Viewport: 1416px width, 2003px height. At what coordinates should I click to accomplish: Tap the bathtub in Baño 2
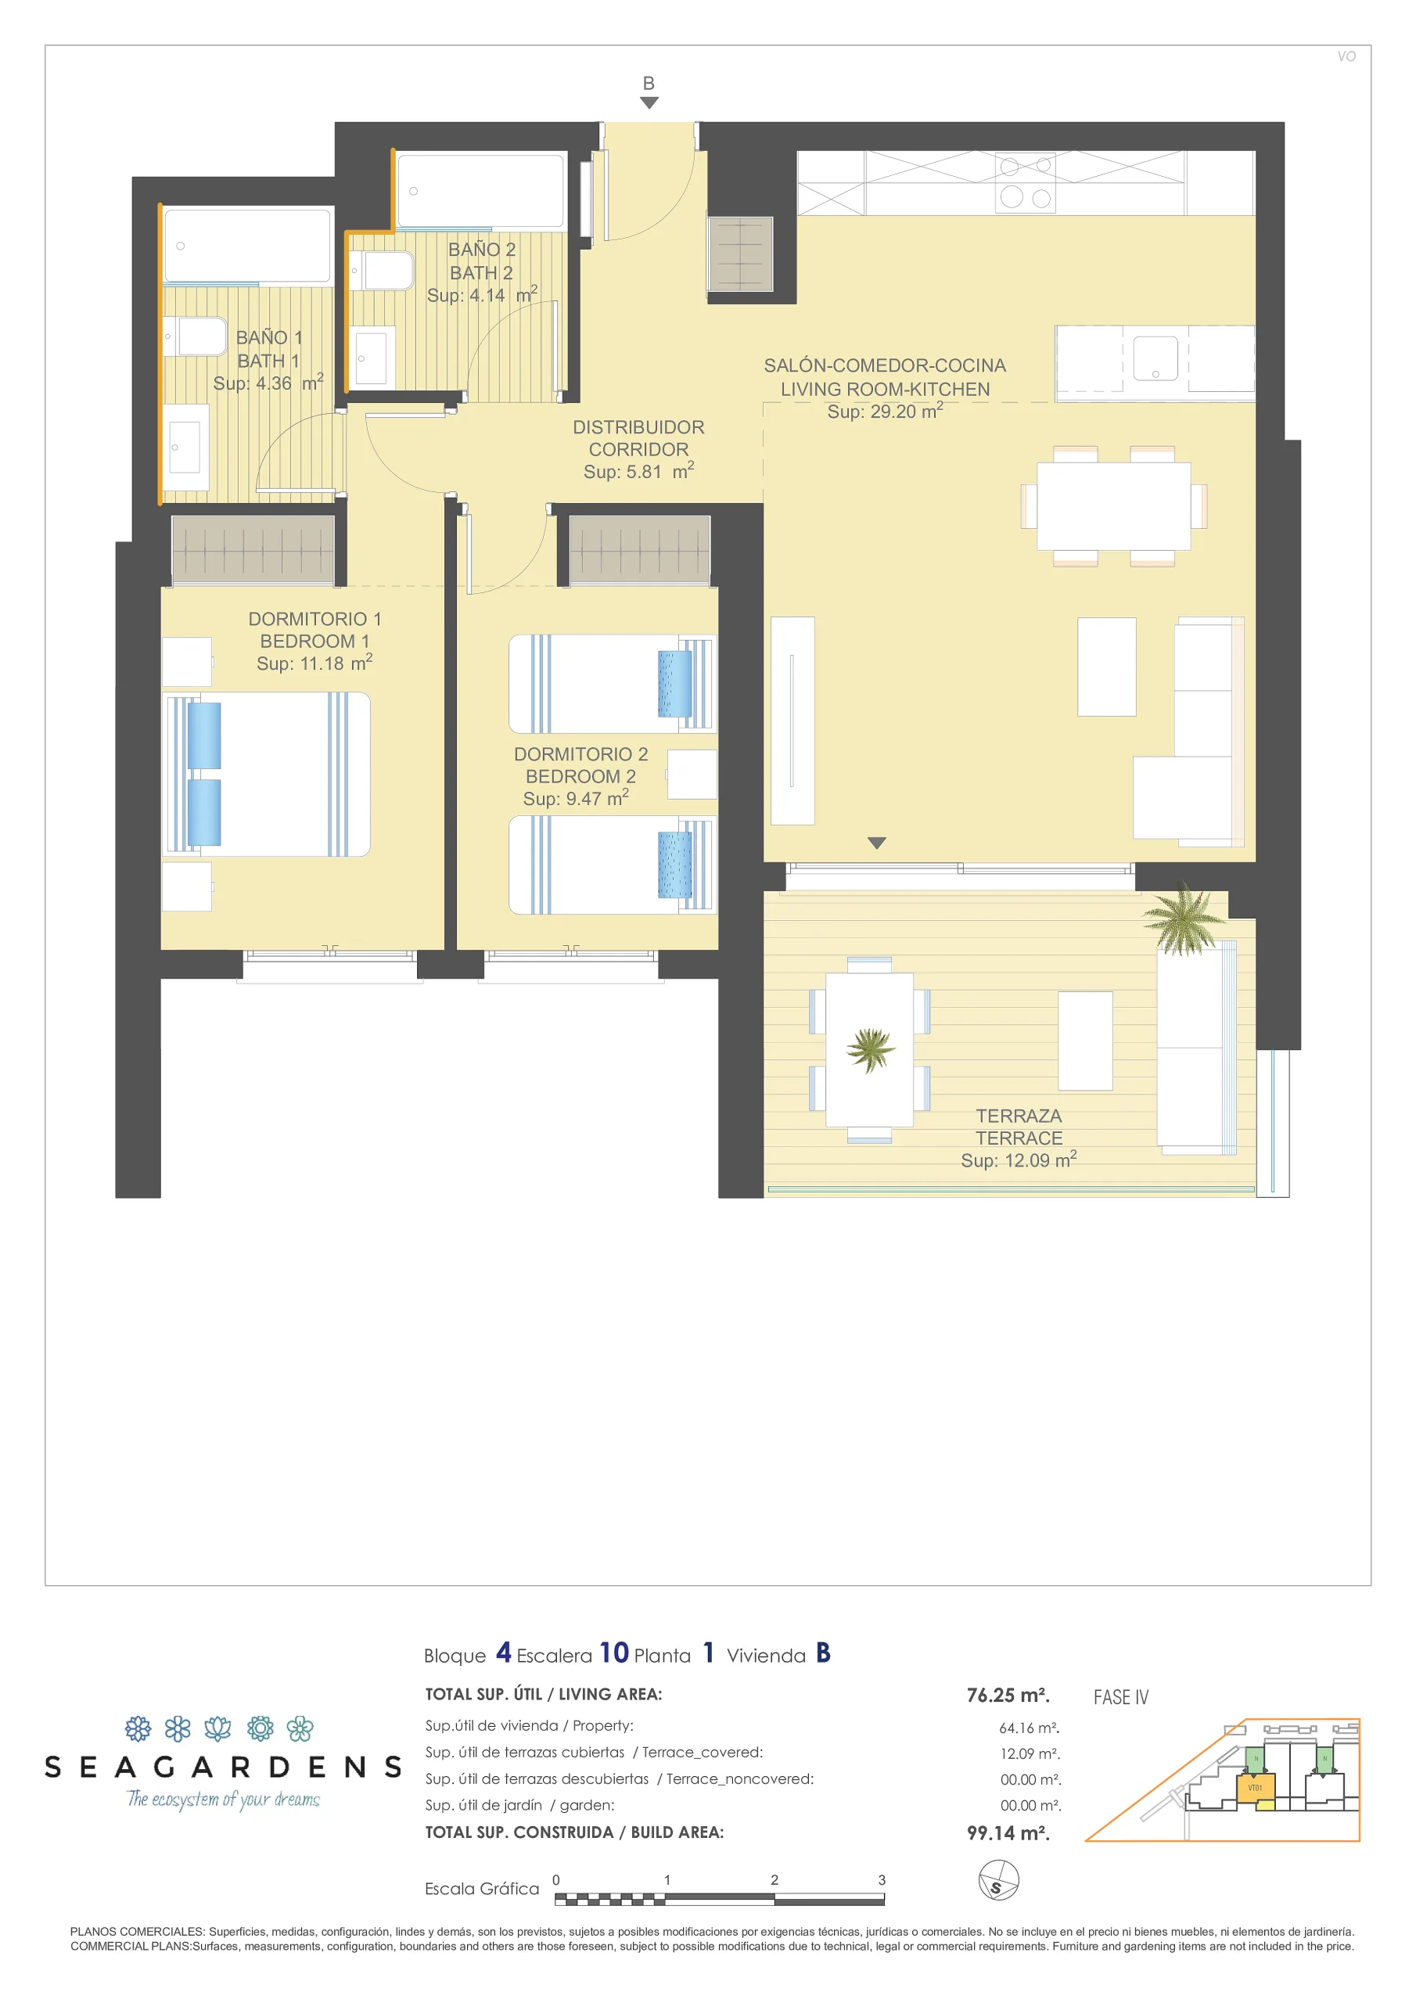[x=480, y=191]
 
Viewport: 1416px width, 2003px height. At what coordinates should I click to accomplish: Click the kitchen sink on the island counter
[x=1155, y=358]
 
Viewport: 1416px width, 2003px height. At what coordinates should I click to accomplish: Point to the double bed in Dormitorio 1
[x=267, y=774]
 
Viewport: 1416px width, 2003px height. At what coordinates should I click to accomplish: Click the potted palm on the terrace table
[x=870, y=1049]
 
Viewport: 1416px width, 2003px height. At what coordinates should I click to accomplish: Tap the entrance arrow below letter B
[x=649, y=103]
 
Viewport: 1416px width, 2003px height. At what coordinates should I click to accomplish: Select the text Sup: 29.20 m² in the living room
[x=885, y=411]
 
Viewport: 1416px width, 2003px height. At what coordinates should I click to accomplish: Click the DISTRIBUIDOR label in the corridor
[x=638, y=427]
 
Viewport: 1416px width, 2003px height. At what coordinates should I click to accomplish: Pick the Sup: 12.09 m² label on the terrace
[x=1018, y=1160]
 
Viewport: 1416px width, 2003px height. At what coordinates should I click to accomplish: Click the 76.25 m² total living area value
[x=1008, y=1695]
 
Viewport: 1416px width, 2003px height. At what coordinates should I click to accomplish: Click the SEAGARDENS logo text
[x=223, y=1767]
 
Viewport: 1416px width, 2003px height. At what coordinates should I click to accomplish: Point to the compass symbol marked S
[x=998, y=1879]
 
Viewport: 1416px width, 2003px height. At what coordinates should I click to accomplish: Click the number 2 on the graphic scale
[x=774, y=1880]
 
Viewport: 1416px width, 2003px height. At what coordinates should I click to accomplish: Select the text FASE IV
[x=1120, y=1697]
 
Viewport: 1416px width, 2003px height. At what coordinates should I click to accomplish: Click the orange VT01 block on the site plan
[x=1256, y=1788]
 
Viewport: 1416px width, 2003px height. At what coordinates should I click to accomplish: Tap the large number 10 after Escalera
[x=613, y=1653]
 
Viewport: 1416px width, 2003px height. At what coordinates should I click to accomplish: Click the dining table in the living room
[x=1113, y=506]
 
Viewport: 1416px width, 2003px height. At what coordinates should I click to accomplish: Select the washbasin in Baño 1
[x=185, y=447]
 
